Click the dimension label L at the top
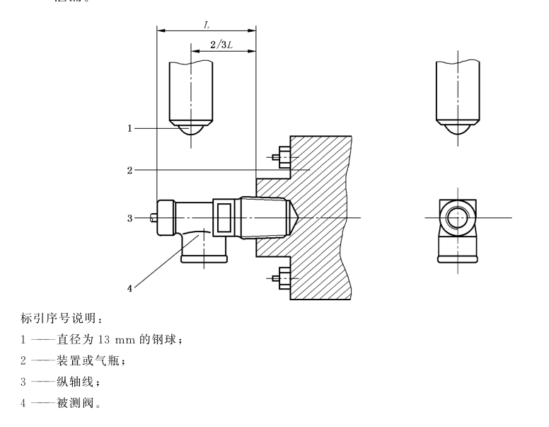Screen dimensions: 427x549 pyautogui.click(x=206, y=24)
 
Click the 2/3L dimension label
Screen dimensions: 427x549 pyautogui.click(x=223, y=45)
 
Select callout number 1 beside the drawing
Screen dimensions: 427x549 pyautogui.click(x=130, y=128)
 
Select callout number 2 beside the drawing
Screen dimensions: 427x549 pyautogui.click(x=130, y=170)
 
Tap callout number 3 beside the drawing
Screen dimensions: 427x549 pyautogui.click(x=130, y=217)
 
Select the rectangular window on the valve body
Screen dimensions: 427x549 pyautogui.click(x=226, y=217)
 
